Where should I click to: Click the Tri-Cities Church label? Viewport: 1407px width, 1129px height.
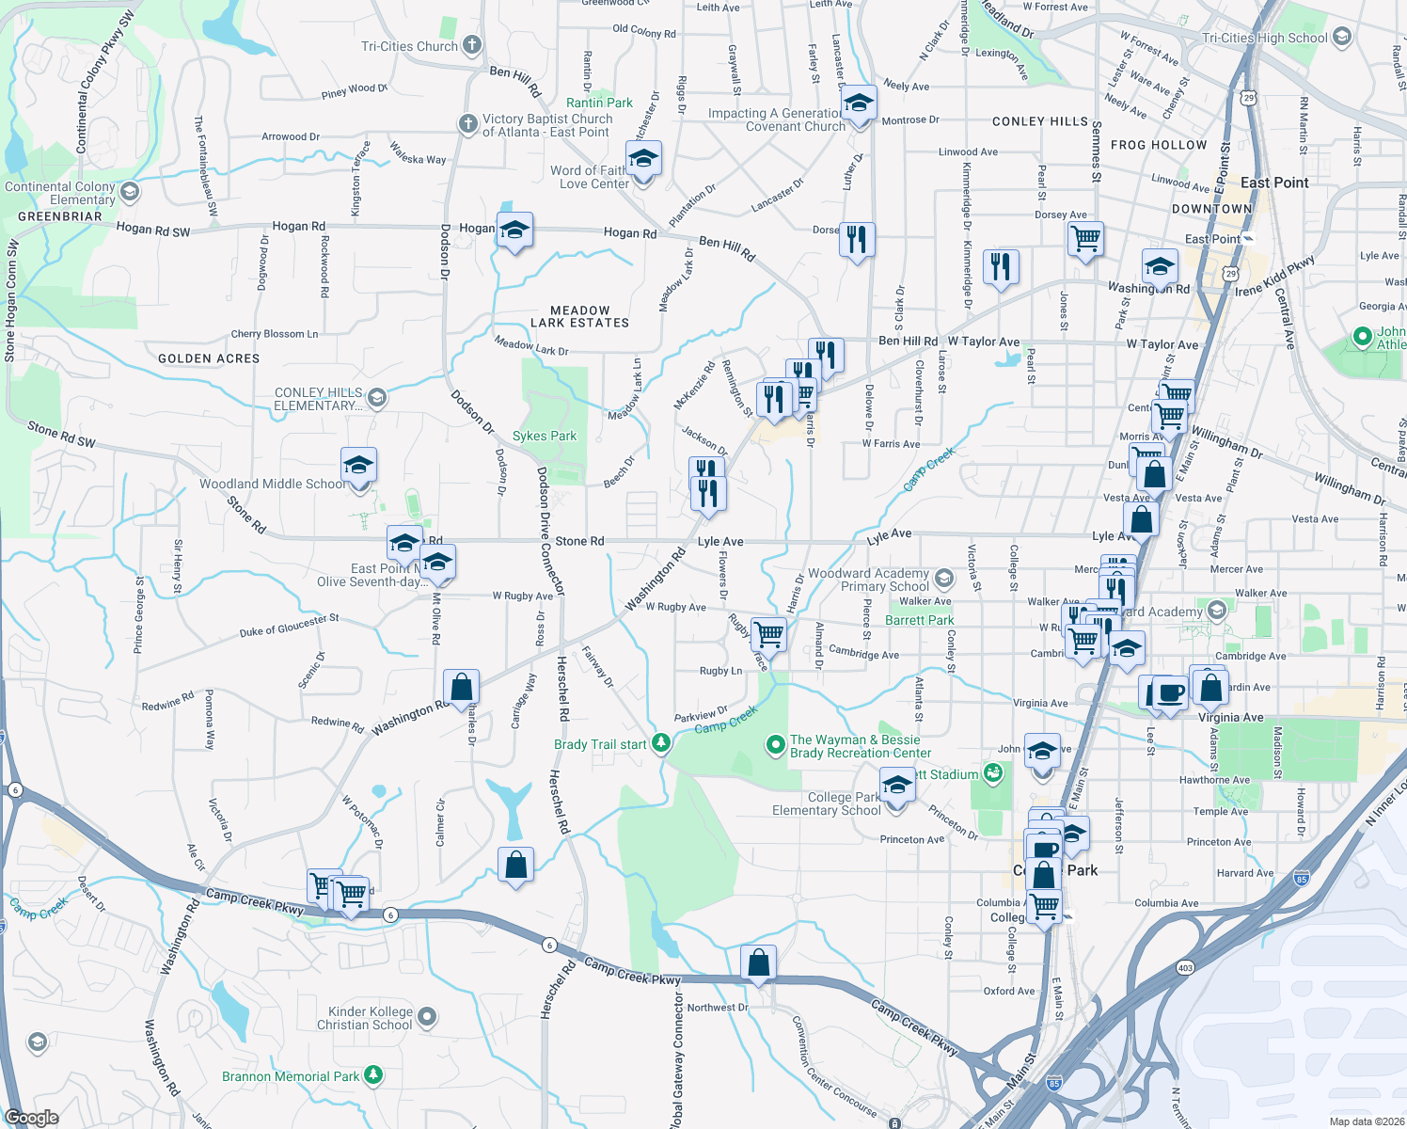(x=409, y=46)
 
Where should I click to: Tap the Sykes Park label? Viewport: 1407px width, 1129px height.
(x=545, y=436)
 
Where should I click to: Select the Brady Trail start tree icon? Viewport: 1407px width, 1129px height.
(x=661, y=744)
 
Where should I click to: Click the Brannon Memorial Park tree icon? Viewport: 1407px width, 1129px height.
(x=373, y=1075)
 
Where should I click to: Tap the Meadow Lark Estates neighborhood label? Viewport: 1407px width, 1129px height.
(x=579, y=316)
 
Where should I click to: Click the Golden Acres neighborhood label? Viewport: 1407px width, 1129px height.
(x=209, y=358)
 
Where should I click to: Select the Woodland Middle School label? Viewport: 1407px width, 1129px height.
(x=272, y=484)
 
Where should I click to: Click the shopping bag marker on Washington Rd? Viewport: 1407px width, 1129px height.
(x=462, y=688)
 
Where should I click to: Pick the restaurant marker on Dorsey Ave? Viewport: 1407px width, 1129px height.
(x=857, y=240)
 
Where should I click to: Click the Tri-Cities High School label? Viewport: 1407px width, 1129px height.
(x=1265, y=38)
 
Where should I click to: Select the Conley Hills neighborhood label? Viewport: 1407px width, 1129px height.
(x=1039, y=121)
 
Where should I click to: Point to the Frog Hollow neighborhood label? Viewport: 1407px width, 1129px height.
(x=1158, y=145)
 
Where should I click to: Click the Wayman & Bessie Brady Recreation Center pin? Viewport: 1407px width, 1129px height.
(x=775, y=746)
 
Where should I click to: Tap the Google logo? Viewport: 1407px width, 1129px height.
(x=32, y=1118)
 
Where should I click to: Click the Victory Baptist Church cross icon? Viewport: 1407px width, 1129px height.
(x=467, y=124)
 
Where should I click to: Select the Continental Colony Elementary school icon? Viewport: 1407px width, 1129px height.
(x=130, y=193)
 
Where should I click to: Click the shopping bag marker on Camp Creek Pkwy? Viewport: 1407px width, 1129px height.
(x=758, y=963)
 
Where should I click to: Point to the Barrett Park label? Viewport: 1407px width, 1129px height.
(x=919, y=620)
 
